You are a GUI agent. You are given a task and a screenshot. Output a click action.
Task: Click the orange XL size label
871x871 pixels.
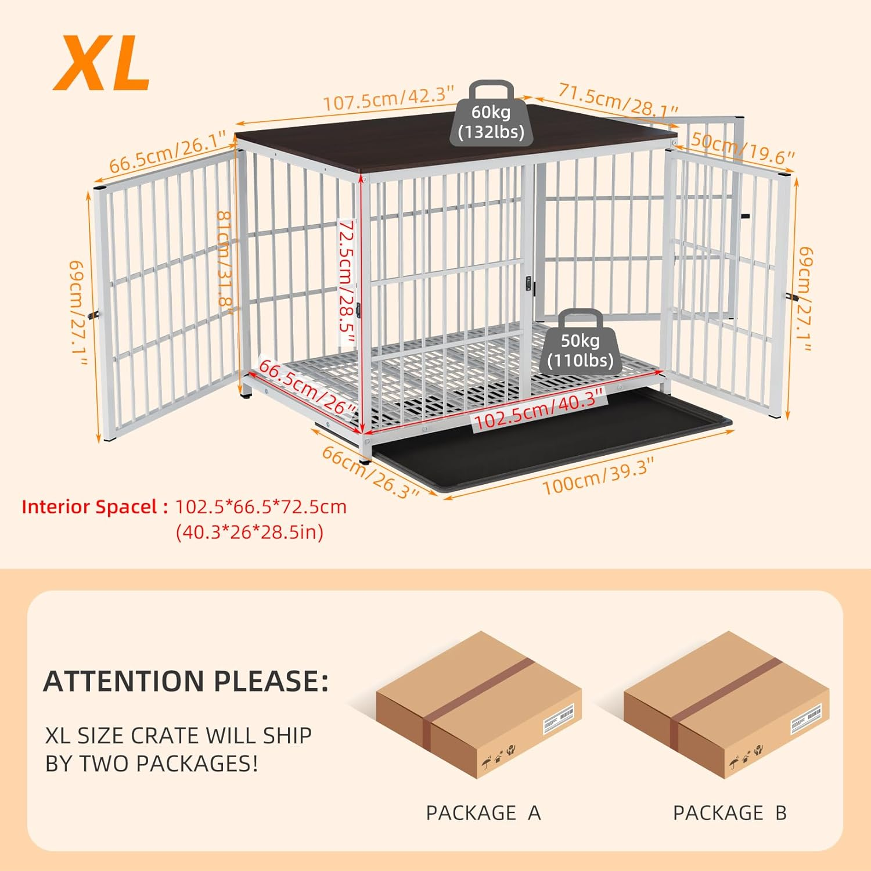point(102,63)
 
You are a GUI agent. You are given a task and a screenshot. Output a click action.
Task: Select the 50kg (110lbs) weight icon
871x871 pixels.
point(580,343)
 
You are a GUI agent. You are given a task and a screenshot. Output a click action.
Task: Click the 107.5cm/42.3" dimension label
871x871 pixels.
point(388,98)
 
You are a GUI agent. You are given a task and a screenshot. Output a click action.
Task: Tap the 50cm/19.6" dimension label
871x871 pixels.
point(735,149)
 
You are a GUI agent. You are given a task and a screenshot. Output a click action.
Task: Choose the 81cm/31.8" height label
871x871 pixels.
point(225,261)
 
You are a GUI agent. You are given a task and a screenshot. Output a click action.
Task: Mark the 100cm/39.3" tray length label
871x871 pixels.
point(598,475)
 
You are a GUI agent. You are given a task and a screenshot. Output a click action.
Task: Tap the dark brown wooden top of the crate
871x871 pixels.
point(453,142)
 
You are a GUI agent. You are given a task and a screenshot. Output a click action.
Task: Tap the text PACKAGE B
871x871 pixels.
point(729,812)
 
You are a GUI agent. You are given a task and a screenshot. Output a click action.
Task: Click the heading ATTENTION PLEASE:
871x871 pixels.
point(186,681)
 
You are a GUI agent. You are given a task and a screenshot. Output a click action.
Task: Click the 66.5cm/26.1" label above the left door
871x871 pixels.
point(167,152)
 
